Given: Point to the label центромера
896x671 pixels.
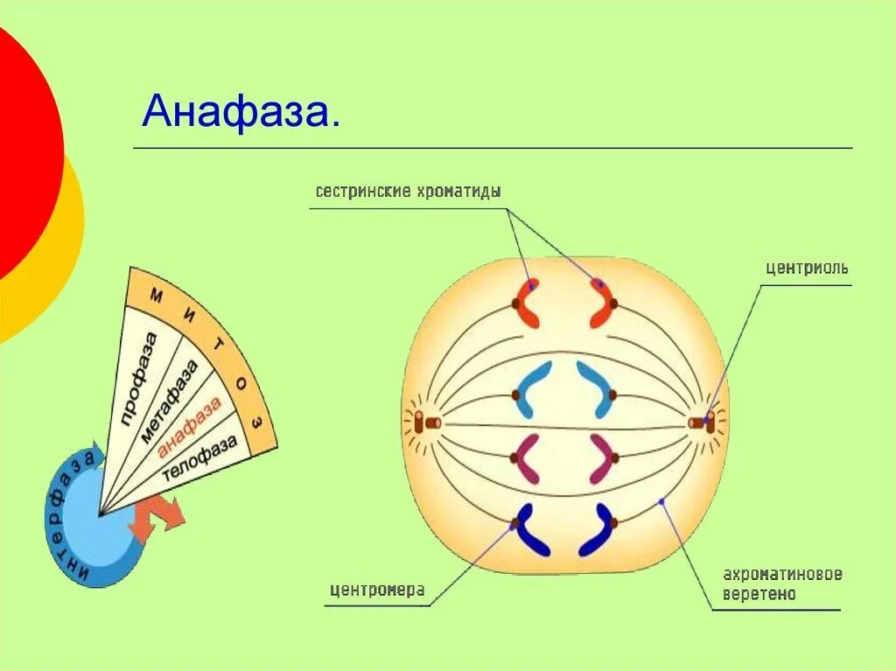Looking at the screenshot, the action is tap(377, 590).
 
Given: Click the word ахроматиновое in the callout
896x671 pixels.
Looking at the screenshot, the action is tap(782, 575).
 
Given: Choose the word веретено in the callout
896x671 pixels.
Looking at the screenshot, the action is tap(759, 595).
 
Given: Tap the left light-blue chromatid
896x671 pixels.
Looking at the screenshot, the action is tap(532, 389).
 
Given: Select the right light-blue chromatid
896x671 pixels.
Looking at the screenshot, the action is tap(597, 389).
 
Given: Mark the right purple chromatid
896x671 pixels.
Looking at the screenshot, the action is tap(600, 458).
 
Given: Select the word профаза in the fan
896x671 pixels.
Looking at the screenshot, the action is tap(141, 379).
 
